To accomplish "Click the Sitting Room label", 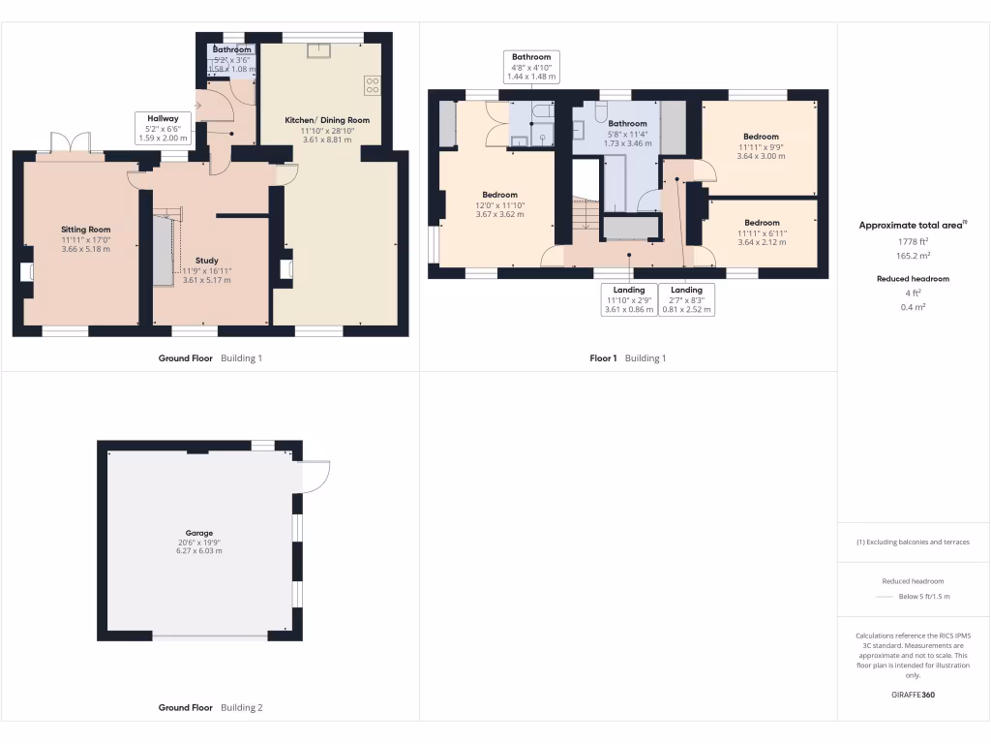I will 86,230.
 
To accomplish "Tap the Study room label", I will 206,261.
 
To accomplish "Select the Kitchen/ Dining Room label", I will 327,120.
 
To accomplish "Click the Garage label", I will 199,533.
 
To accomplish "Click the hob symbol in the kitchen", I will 372,84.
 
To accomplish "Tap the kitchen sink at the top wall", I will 317,50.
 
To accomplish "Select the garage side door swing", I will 315,476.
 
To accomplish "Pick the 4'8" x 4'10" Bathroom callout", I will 531,67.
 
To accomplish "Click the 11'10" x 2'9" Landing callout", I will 629,299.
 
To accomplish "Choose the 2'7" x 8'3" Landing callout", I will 686,299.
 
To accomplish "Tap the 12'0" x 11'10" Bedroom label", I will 500,195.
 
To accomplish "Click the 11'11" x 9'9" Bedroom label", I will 762,137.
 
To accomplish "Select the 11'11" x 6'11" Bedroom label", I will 762,223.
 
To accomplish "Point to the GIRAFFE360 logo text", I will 914,695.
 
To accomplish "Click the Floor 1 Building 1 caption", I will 628,358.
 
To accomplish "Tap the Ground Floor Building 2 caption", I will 210,708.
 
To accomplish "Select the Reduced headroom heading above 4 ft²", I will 914,279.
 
